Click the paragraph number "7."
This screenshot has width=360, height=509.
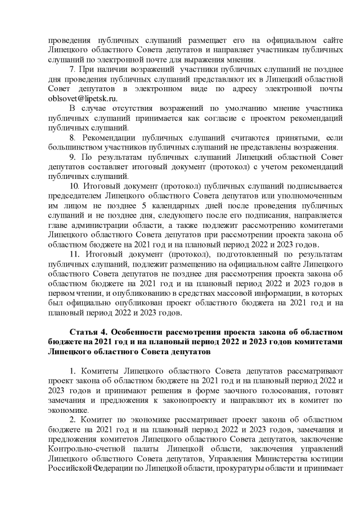72,70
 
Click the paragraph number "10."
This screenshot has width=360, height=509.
74,185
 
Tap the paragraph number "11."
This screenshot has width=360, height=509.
74,253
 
